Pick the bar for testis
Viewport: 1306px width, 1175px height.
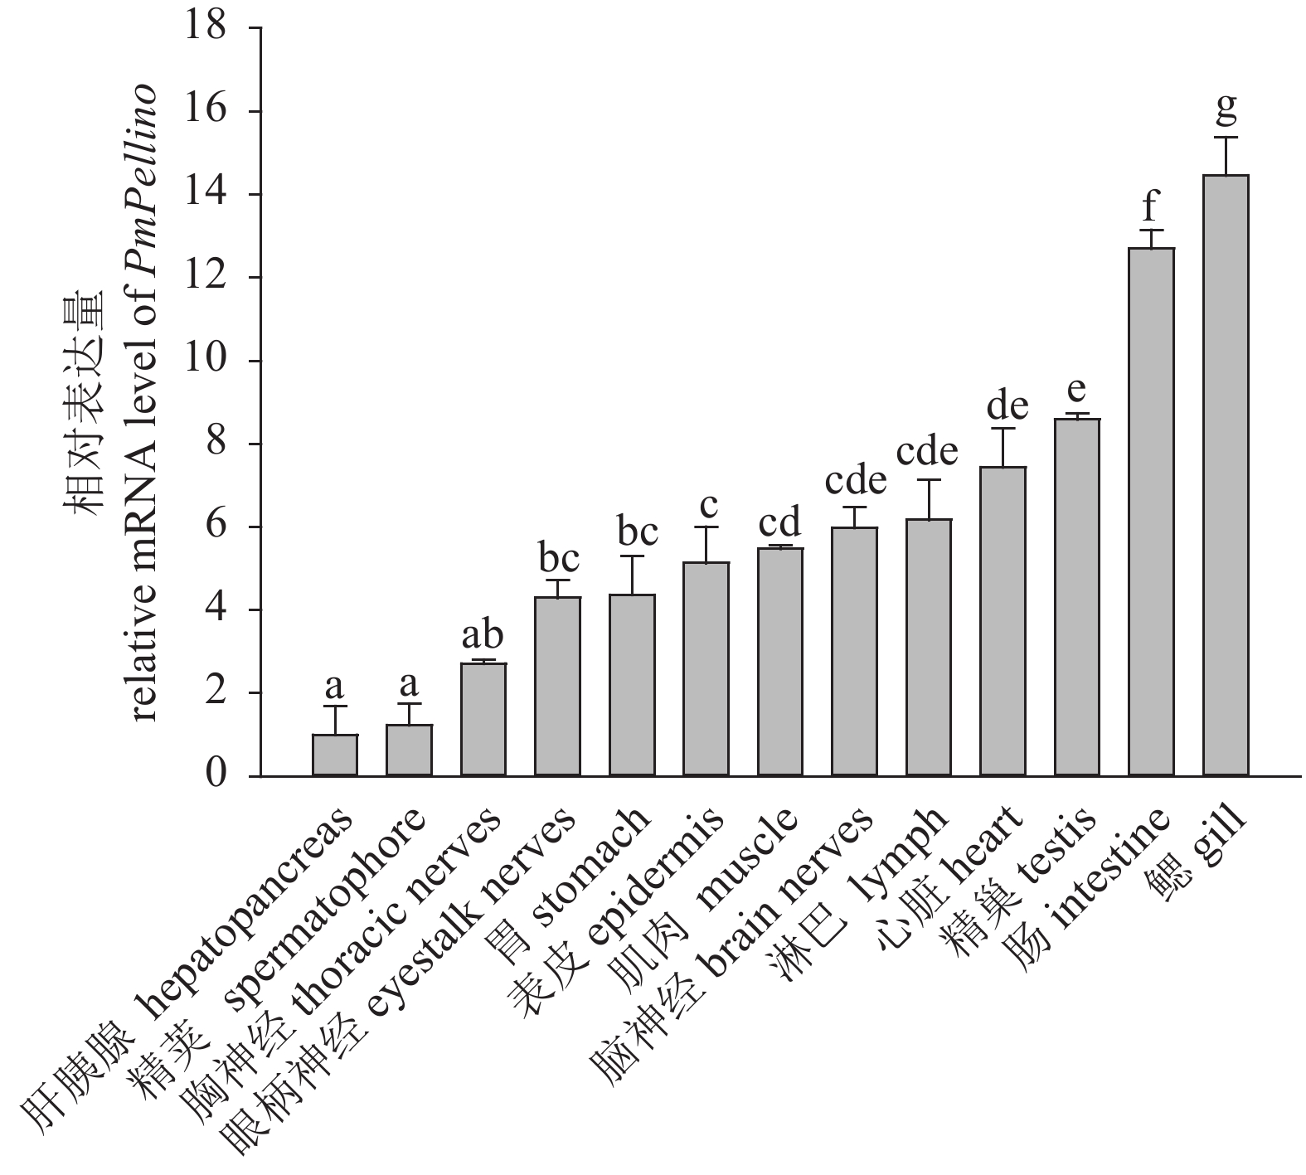pyautogui.click(x=1077, y=597)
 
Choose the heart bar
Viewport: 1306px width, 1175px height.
pyautogui.click(x=1003, y=621)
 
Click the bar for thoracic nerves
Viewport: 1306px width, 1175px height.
pyautogui.click(x=483, y=719)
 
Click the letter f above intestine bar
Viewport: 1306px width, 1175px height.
pyautogui.click(x=1151, y=203)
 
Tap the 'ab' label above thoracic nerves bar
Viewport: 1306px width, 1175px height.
pyautogui.click(x=483, y=635)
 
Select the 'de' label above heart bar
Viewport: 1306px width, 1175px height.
pyautogui.click(x=1007, y=405)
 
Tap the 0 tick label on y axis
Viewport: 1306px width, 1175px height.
pyautogui.click(x=214, y=775)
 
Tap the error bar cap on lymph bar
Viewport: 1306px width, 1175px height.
pyautogui.click(x=929, y=479)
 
